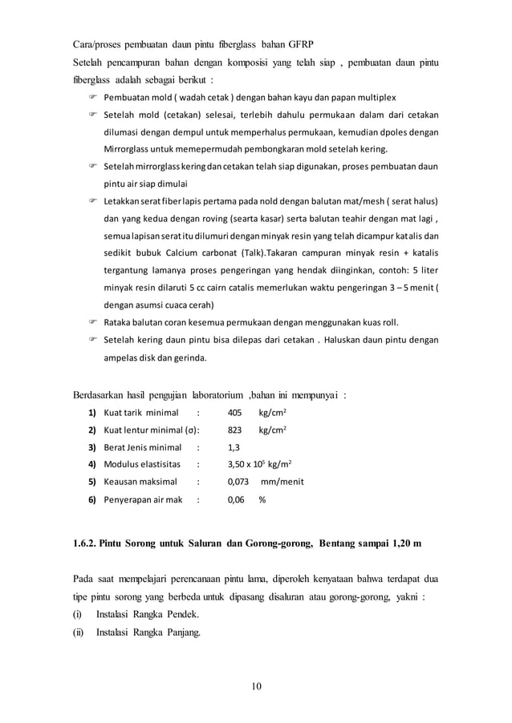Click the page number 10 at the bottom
(256, 686)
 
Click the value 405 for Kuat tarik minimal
(235, 413)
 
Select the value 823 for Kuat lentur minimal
(235, 430)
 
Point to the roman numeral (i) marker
(78, 615)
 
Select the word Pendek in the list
(181, 615)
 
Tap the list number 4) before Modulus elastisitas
(92, 465)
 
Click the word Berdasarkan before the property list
(100, 394)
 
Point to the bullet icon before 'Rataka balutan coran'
(92, 322)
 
